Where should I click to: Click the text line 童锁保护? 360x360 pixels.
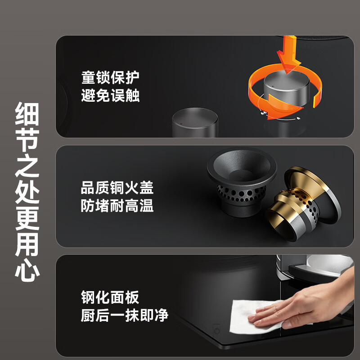pos(110,77)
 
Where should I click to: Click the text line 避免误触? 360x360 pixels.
pos(110,95)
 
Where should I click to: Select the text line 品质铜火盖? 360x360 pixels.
pos(117,187)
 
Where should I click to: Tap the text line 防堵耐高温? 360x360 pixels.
pos(117,206)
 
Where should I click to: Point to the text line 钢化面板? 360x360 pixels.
pos(110,297)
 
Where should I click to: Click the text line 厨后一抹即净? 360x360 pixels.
pos(124,315)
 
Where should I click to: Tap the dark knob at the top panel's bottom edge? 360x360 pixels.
pos(195,122)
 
